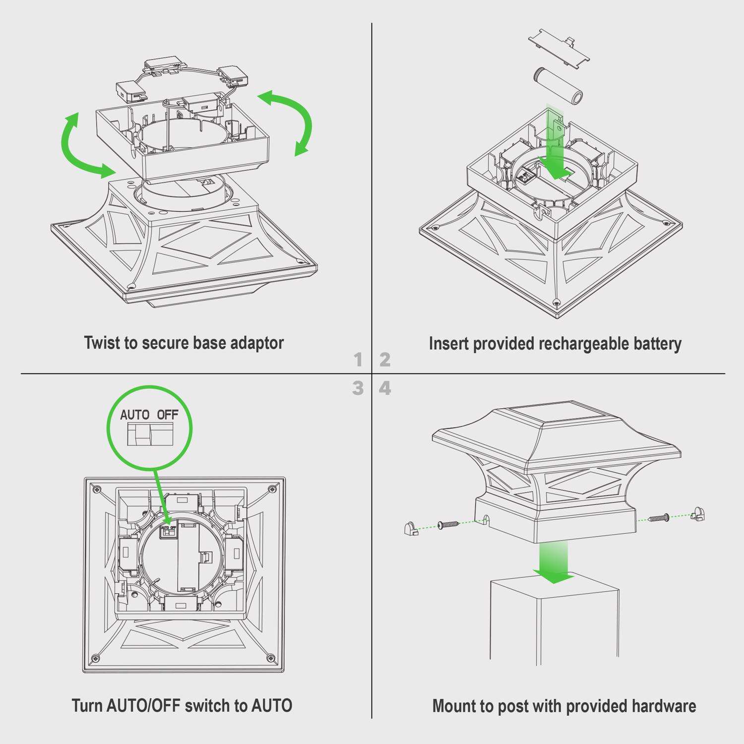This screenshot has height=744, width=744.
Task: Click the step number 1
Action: (358, 360)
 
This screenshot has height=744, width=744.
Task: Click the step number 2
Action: (385, 360)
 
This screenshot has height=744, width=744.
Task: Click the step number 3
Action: (358, 388)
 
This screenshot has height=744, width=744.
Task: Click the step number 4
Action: (385, 388)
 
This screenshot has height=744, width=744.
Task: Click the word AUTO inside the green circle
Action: (134, 415)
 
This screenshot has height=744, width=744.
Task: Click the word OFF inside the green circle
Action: (168, 415)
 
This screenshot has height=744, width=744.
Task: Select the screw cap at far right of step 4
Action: (698, 514)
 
